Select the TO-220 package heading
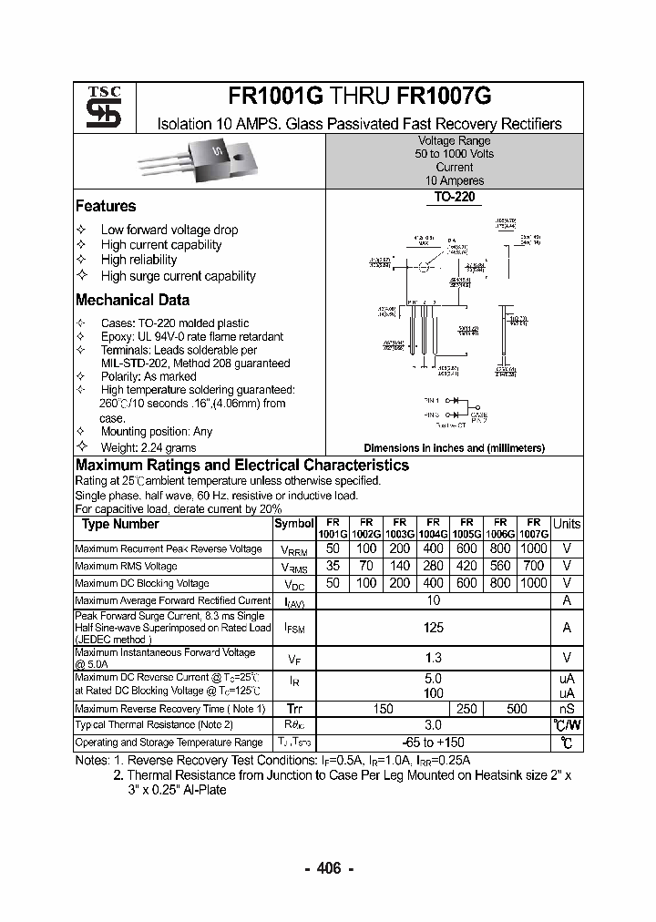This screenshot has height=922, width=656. [x=454, y=197]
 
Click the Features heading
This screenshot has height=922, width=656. [x=106, y=206]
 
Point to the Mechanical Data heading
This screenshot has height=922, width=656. [x=132, y=300]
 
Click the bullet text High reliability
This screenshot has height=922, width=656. [x=138, y=260]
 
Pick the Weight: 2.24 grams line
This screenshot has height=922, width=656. [x=148, y=446]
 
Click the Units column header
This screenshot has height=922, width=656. [x=566, y=524]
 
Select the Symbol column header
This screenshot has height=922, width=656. [x=293, y=524]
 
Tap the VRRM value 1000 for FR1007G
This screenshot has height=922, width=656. [x=533, y=548]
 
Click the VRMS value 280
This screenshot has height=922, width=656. [x=433, y=566]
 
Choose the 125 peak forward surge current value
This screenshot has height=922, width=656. [x=434, y=628]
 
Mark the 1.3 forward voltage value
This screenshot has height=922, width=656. [x=434, y=658]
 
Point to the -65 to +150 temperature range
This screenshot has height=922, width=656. [x=434, y=743]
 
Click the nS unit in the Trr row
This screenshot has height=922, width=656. [x=566, y=709]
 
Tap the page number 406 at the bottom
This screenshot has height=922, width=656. [x=328, y=869]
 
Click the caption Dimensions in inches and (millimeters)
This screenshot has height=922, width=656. [x=454, y=447]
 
